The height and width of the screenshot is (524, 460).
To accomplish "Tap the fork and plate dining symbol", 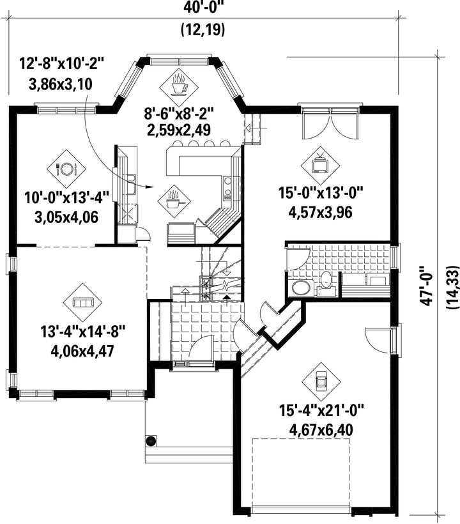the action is (x=67, y=168).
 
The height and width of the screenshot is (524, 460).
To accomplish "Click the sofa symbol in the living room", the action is (x=83, y=303).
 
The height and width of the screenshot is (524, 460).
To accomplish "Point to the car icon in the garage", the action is (x=321, y=382).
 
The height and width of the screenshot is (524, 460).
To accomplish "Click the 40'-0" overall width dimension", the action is (x=204, y=8).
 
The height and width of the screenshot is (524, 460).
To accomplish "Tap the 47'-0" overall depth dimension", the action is (x=427, y=285).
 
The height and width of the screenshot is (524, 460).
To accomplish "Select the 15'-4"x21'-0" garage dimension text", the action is (x=321, y=410).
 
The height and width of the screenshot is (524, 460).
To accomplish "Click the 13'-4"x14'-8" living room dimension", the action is (x=82, y=332).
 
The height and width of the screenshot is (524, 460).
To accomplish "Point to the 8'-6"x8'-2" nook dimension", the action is (x=179, y=113).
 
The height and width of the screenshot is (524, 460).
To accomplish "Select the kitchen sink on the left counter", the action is (x=130, y=185).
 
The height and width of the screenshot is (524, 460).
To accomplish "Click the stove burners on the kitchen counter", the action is (x=228, y=187).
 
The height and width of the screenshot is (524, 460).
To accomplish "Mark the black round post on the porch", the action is (x=151, y=441).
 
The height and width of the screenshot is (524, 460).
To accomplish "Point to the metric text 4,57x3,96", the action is (x=321, y=212).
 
